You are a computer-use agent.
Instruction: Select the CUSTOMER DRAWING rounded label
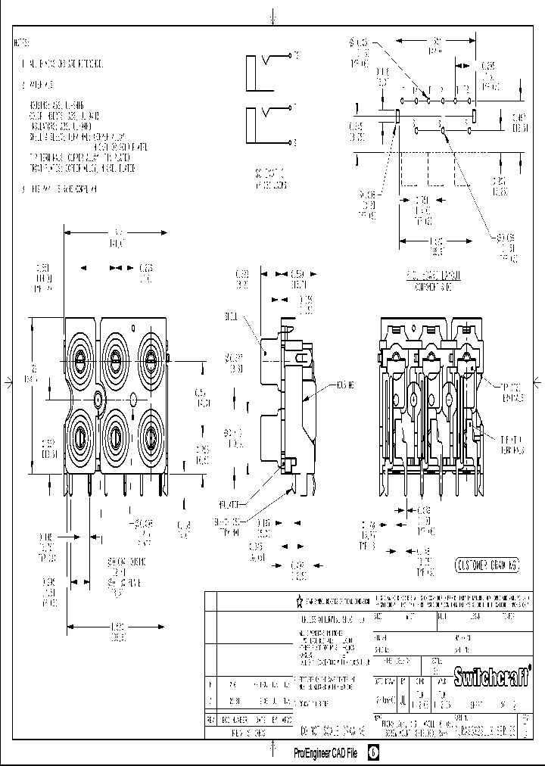coord(488,565)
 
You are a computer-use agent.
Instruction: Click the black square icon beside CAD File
coord(373,753)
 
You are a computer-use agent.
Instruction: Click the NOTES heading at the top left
coord(22,42)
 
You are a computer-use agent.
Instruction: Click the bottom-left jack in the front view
coord(79,435)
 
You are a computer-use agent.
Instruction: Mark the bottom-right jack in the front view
coord(150,435)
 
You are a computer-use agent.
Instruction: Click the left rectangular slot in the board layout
coord(400,115)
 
